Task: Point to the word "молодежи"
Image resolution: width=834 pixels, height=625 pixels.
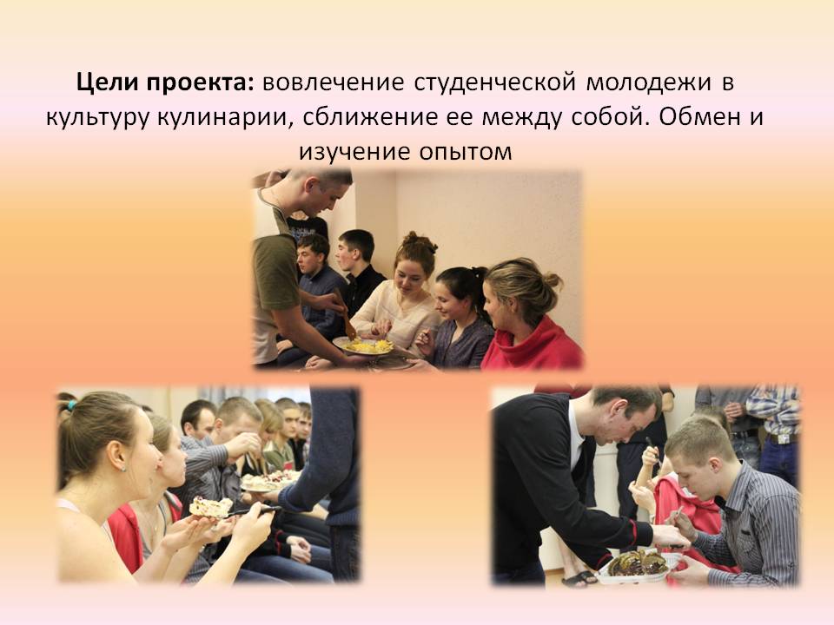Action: (648, 84)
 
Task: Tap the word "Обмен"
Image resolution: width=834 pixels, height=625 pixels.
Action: (698, 117)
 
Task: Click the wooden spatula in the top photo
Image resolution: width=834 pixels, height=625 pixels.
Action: (344, 313)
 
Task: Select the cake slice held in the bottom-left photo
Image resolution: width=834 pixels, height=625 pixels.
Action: (210, 507)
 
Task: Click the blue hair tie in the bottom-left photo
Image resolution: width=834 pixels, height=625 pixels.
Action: (70, 405)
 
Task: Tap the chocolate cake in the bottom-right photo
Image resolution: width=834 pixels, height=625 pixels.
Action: (637, 564)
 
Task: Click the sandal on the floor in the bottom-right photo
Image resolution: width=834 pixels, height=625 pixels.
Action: (579, 578)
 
